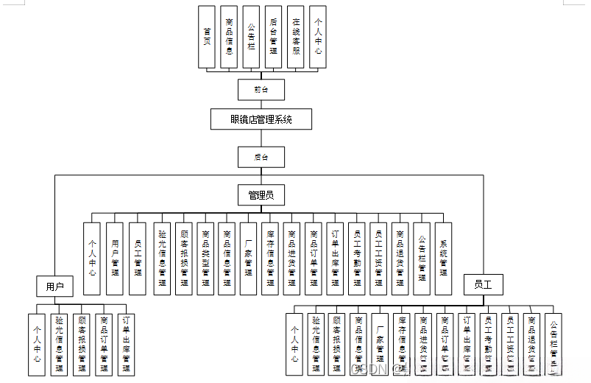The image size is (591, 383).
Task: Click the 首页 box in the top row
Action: click(x=208, y=37)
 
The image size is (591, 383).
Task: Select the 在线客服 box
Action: click(x=296, y=37)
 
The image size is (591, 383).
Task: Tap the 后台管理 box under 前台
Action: click(x=274, y=37)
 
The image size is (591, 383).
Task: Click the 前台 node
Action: click(x=261, y=89)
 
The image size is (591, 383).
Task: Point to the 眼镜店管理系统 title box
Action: click(x=261, y=119)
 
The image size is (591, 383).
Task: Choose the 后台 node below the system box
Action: click(x=261, y=157)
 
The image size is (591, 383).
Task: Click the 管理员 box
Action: click(x=261, y=195)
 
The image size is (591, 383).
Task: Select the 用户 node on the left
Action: click(x=55, y=285)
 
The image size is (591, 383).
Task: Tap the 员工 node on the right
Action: click(x=483, y=284)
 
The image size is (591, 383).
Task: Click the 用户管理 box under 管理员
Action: click(x=115, y=259)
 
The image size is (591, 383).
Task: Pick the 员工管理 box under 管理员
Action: click(x=138, y=259)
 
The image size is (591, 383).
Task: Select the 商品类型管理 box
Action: click(x=205, y=259)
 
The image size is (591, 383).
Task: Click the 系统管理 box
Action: click(x=443, y=259)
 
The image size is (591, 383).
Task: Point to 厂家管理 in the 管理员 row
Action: click(x=249, y=259)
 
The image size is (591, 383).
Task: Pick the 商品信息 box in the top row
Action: click(x=230, y=37)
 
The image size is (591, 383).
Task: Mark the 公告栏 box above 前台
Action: click(x=252, y=37)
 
